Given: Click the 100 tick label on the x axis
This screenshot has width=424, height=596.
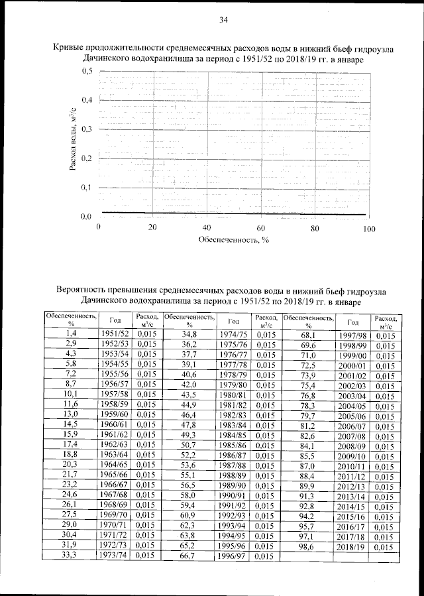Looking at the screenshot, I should pyautogui.click(x=369, y=227).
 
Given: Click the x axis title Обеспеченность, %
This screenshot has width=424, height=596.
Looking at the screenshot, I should pyautogui.click(x=234, y=240).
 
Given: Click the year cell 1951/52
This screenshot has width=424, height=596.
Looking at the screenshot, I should pyautogui.click(x=115, y=334).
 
